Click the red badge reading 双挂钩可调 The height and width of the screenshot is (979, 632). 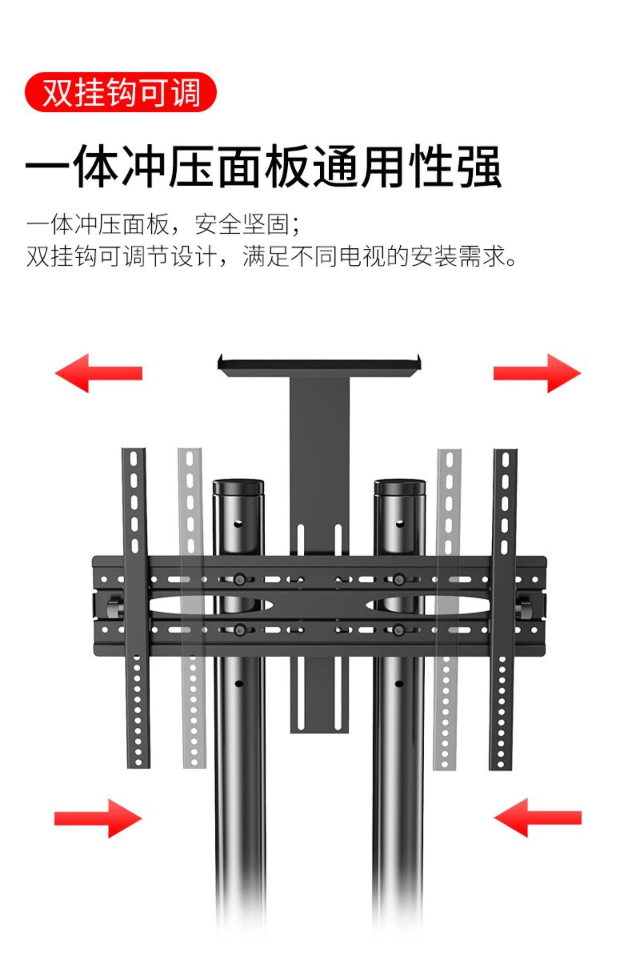tap(121, 92)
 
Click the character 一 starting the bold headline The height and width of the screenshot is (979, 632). tap(47, 166)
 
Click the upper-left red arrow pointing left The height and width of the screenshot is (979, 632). tap(98, 373)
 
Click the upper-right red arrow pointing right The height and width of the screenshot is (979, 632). tap(537, 373)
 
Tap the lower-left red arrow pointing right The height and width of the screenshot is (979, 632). tap(98, 818)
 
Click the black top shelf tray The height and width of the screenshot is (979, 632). tap(319, 367)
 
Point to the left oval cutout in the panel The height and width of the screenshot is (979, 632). tap(211, 605)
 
